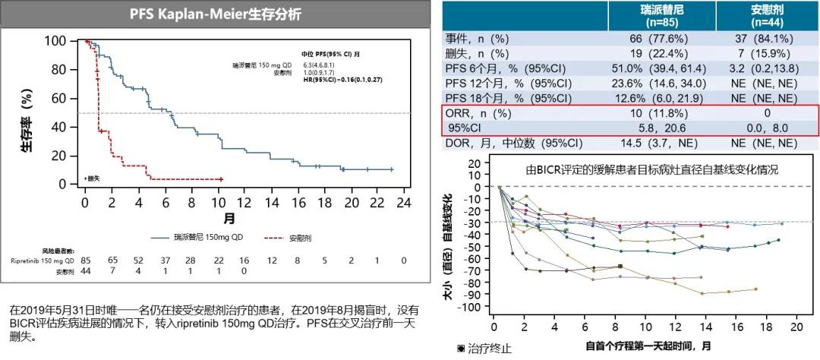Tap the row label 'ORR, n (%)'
pos(479,112)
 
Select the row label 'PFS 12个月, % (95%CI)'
pos(508,83)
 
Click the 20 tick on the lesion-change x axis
pos(796,327)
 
